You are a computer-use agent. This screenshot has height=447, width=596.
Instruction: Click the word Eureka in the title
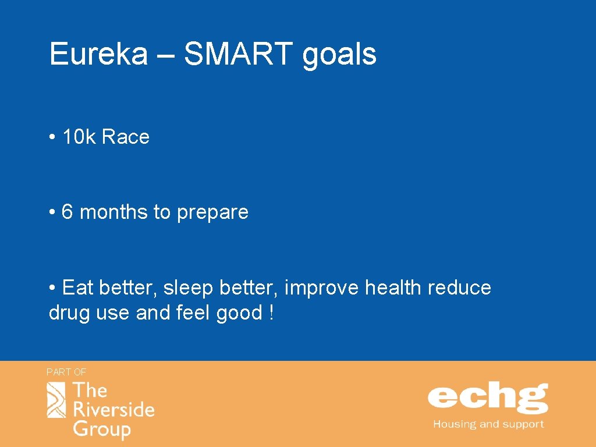tap(98, 54)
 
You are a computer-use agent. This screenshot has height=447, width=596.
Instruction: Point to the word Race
tap(126, 137)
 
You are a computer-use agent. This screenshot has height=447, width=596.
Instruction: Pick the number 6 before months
tap(67, 212)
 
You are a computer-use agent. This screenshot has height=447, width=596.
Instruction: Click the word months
tap(113, 212)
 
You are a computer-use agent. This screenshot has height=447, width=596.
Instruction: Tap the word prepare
tap(212, 213)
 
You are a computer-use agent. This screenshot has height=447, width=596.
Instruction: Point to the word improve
tap(322, 288)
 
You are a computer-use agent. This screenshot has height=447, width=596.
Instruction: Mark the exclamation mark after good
tap(271, 313)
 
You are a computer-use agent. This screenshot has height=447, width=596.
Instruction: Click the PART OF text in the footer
tap(66, 371)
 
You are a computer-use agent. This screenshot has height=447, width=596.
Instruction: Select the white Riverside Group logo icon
tap(56, 400)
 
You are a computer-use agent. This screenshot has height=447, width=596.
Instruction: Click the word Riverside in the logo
tap(113, 410)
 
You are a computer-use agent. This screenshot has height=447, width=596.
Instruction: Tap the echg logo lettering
tap(488, 398)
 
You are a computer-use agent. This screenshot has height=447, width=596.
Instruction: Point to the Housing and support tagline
tap(488, 424)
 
